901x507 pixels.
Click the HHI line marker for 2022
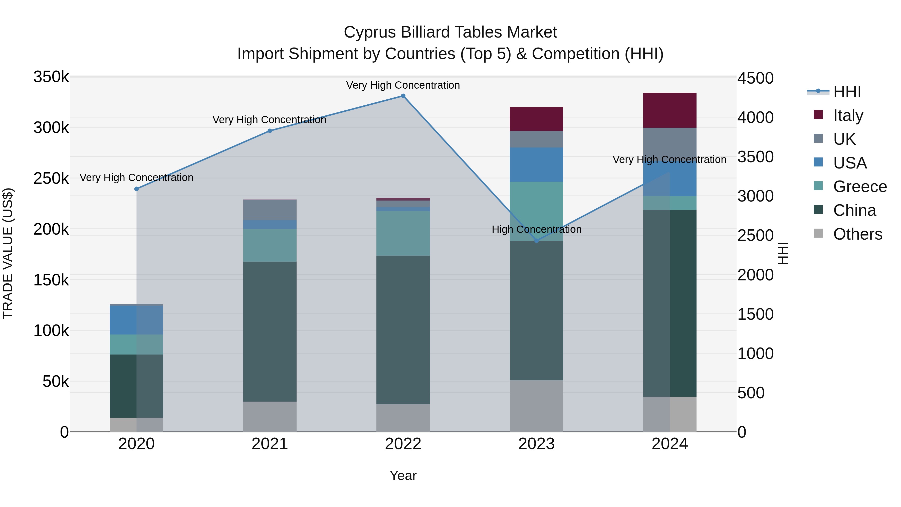coord(403,96)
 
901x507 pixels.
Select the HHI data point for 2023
coord(537,241)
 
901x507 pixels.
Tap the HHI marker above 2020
coord(136,189)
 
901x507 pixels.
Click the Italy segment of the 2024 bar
coord(669,110)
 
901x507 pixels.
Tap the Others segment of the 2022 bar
coord(403,418)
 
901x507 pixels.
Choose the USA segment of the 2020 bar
coord(136,320)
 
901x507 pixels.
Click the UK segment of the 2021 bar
coord(270,210)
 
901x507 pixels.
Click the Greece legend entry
coord(860,187)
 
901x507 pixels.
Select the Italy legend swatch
coord(818,115)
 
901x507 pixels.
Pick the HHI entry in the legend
coord(846,92)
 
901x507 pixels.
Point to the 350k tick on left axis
coord(51,77)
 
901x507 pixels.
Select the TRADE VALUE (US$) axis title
coord(8,253)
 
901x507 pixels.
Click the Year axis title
coord(403,475)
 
